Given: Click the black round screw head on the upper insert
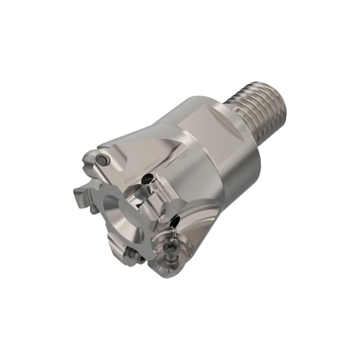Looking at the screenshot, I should tap(103, 160).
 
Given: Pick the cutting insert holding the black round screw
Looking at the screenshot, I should tap(97, 162).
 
